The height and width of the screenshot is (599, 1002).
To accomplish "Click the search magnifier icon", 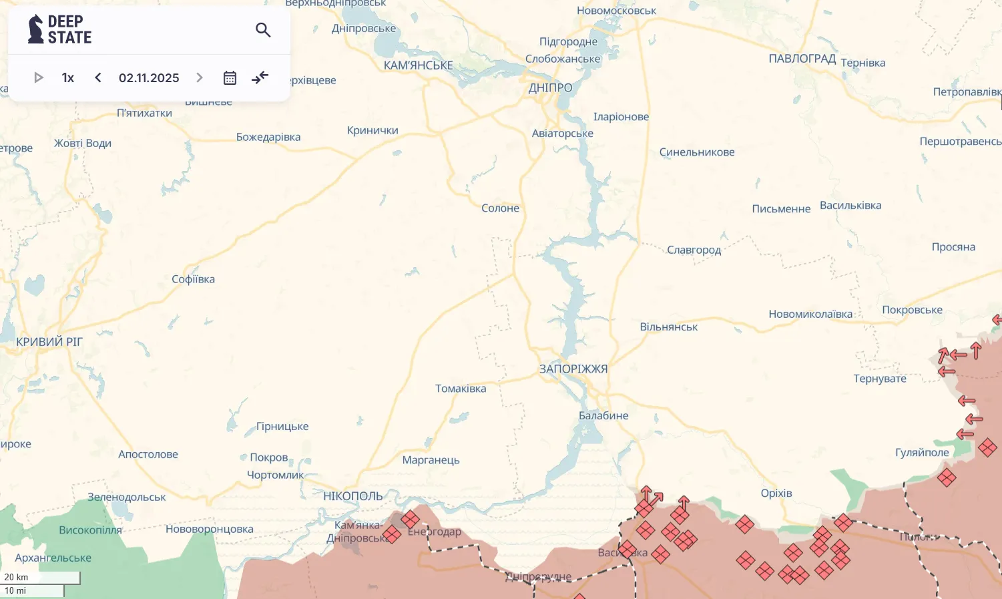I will pyautogui.click(x=263, y=30).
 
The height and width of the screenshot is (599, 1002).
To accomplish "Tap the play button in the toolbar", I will pyautogui.click(x=39, y=77).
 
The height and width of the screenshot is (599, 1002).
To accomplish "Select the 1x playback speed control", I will pyautogui.click(x=67, y=77).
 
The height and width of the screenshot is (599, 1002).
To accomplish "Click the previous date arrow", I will pyautogui.click(x=98, y=77).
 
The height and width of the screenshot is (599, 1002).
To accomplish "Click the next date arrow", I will pyautogui.click(x=199, y=77).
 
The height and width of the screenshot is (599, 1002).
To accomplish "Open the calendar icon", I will pyautogui.click(x=230, y=77).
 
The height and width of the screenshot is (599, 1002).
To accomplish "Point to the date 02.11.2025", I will pyautogui.click(x=149, y=77).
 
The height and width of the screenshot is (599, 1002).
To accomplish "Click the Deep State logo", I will pyautogui.click(x=59, y=29).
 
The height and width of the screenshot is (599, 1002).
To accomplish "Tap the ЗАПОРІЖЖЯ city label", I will pyautogui.click(x=573, y=369).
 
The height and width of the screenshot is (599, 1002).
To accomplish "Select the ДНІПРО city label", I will pyautogui.click(x=550, y=87).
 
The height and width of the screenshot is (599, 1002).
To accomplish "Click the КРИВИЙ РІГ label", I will pyautogui.click(x=49, y=342).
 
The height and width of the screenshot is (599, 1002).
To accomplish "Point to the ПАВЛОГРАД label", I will pyautogui.click(x=802, y=59).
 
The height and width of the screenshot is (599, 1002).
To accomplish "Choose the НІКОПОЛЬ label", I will pyautogui.click(x=353, y=496).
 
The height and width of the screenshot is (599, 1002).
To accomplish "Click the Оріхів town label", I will pyautogui.click(x=776, y=493).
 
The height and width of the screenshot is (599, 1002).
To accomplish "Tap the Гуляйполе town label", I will pyautogui.click(x=922, y=452).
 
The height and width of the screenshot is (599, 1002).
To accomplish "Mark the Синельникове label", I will pyautogui.click(x=697, y=152).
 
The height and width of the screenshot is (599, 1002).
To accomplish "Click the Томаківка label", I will pyautogui.click(x=461, y=389).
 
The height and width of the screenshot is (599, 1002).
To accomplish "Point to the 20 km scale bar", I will pyautogui.click(x=41, y=578).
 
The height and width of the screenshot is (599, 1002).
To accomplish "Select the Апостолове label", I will pyautogui.click(x=148, y=454).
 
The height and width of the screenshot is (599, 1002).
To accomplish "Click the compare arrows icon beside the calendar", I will pyautogui.click(x=260, y=77).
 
